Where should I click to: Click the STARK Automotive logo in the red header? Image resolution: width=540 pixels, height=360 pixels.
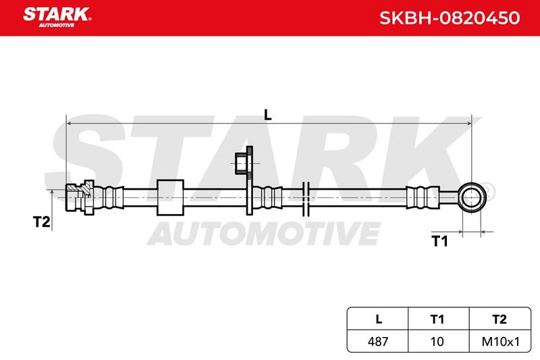[57, 17]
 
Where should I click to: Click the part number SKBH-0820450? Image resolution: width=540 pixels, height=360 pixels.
[450, 18]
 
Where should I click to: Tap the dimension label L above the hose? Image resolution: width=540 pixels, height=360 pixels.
[267, 115]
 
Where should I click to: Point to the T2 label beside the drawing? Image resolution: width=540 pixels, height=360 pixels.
[41, 222]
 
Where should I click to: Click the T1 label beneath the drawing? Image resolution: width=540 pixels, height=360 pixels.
[440, 241]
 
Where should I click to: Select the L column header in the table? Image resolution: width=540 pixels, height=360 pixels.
[379, 319]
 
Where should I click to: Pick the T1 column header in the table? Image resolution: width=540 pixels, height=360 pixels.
[437, 319]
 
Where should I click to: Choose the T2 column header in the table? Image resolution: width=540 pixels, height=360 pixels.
[500, 319]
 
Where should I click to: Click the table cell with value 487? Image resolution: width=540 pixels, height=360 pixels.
[378, 341]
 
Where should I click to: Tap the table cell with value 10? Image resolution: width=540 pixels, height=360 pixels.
[437, 341]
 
